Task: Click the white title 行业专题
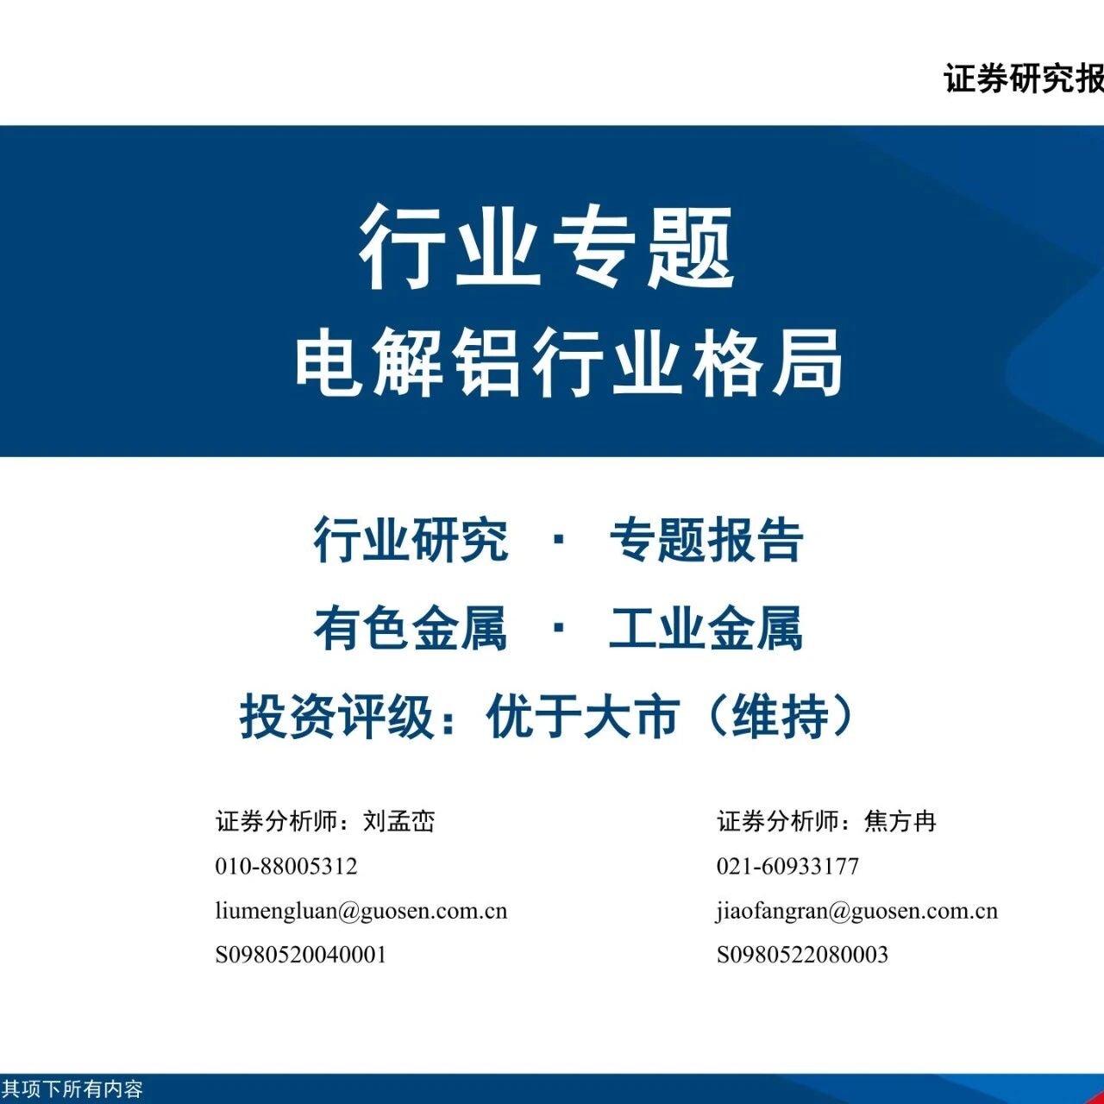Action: coord(547,248)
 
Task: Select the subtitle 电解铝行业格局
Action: coord(568,362)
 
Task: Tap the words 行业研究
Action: coord(411,540)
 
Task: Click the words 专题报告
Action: coord(706,540)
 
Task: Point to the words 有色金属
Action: coord(411,629)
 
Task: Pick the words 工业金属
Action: coord(706,629)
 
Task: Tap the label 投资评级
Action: coord(336,718)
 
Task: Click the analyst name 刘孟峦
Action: coord(399,822)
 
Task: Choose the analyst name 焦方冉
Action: coord(900,822)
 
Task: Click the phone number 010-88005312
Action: coord(286,866)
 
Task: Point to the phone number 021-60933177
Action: coord(787,866)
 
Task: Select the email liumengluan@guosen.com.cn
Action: coord(361,911)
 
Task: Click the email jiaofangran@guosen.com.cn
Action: coord(857,911)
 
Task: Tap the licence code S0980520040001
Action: coord(301,955)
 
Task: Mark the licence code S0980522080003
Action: coord(803,955)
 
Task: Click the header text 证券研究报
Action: coord(1024,78)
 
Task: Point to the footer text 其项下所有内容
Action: coord(72,1088)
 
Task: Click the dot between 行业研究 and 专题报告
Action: coord(559,540)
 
